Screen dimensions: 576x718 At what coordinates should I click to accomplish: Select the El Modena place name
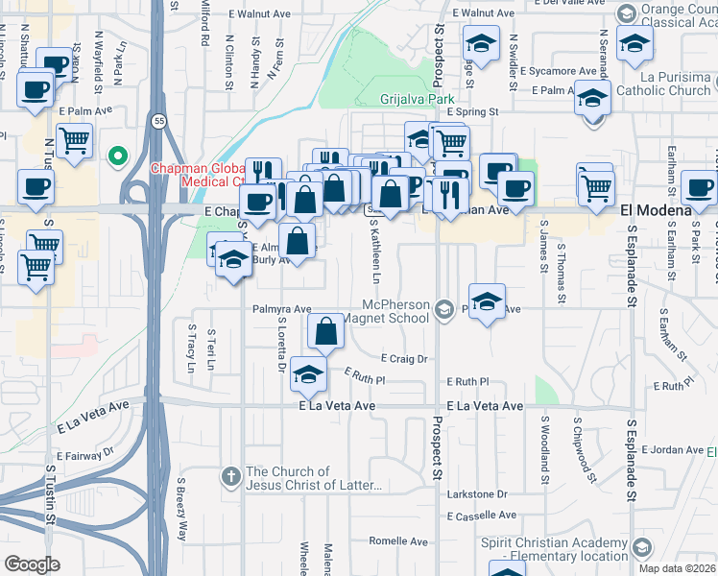pos(657,210)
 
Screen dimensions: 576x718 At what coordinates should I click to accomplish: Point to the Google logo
pos(32,564)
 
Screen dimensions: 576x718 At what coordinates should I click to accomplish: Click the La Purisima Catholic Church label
pos(661,84)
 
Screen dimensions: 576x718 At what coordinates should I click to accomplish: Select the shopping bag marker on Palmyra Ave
pos(326,332)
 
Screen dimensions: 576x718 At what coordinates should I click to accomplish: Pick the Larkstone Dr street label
pos(477,494)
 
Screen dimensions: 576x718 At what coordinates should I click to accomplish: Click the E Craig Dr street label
pos(402,358)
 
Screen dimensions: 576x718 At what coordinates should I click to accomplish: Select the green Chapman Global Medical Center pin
pos(118,155)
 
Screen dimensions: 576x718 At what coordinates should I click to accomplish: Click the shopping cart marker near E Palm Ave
pos(74,141)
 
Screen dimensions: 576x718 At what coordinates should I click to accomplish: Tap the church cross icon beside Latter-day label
pos(230,475)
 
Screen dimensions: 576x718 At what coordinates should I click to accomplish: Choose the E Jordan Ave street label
pos(673,449)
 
